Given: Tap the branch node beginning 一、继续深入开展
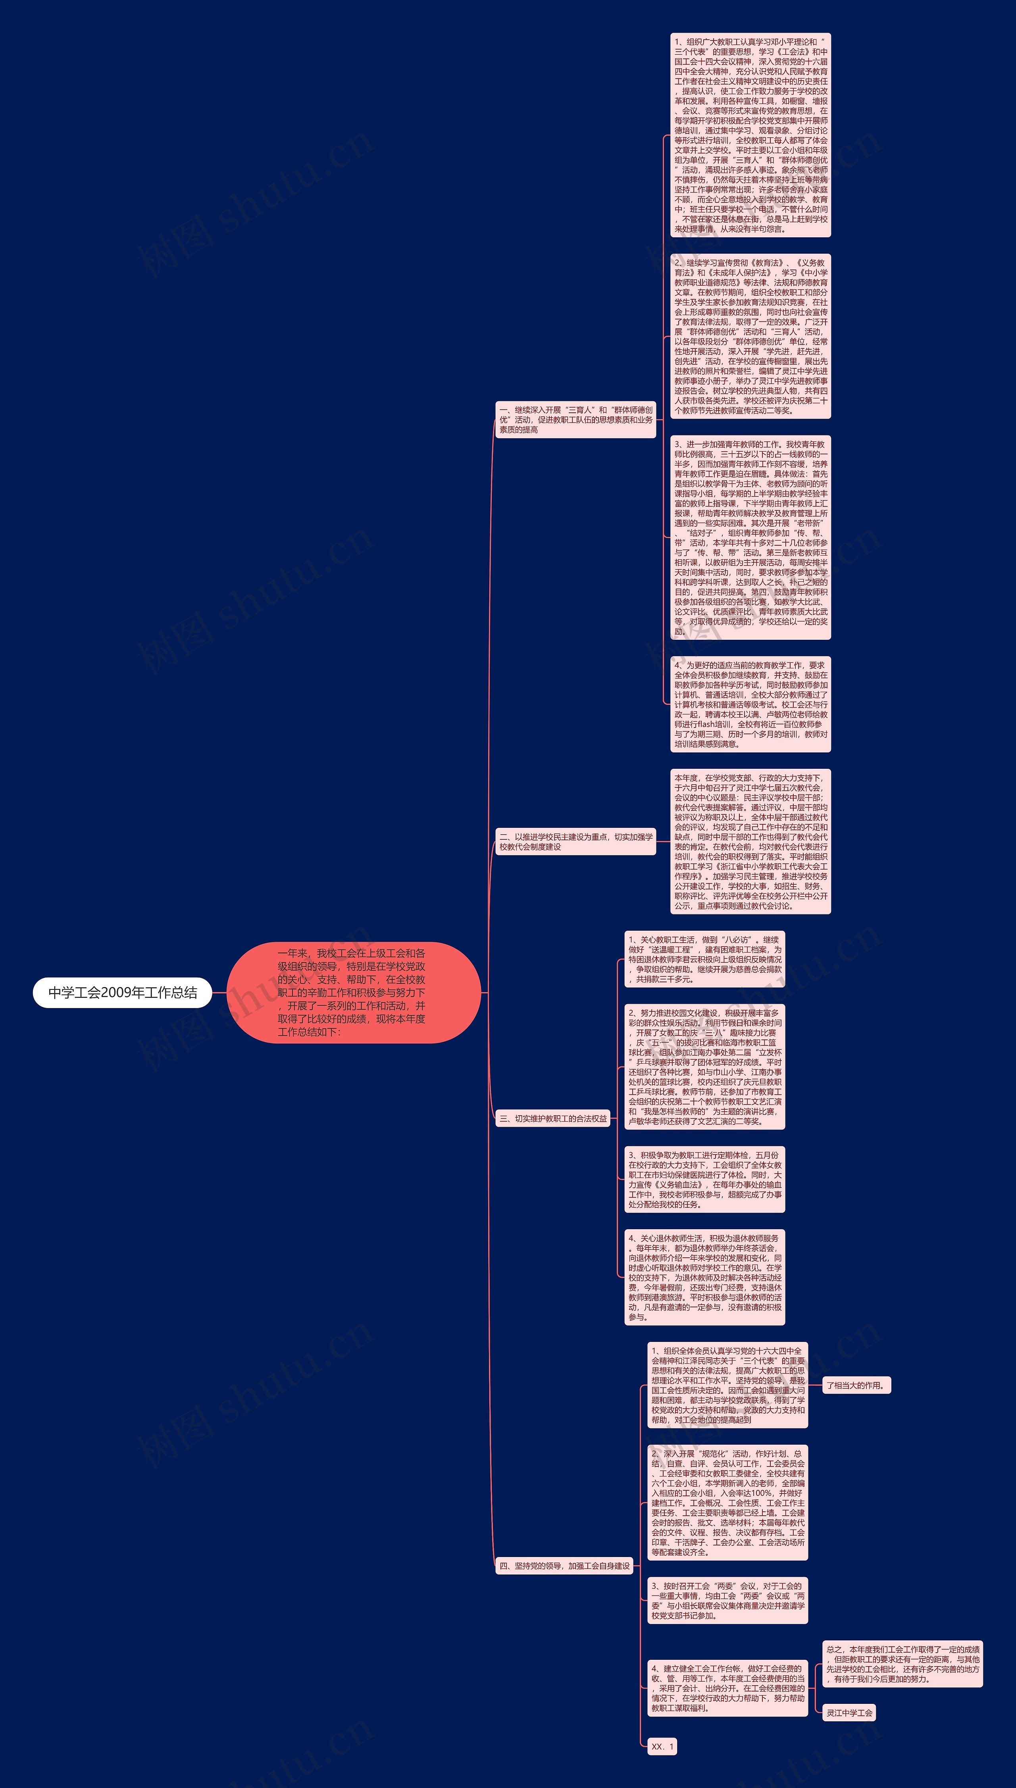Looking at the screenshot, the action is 576,419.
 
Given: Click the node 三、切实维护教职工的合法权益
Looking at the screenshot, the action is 553,1118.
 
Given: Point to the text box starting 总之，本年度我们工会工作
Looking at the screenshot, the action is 902,1664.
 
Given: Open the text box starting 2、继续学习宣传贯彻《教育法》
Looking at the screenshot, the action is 750,336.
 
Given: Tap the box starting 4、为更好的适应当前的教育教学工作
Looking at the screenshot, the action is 750,704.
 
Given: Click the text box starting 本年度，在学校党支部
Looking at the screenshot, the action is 750,841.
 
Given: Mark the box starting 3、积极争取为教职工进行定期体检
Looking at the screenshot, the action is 704,1179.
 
